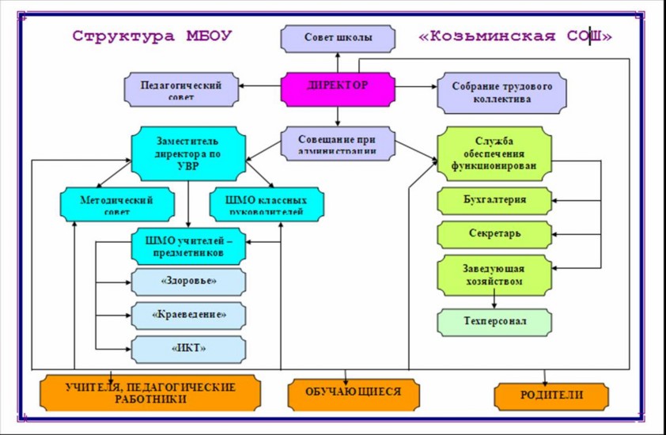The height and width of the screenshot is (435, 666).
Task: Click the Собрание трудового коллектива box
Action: click(502, 93)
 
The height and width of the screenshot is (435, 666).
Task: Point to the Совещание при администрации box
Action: click(337, 144)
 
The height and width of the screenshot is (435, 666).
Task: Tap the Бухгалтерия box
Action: click(494, 201)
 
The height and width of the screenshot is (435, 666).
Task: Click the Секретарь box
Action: click(494, 234)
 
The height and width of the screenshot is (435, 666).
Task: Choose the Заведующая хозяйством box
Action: click(494, 274)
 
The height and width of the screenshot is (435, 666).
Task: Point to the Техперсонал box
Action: click(494, 322)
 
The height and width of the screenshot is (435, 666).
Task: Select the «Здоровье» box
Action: click(188, 281)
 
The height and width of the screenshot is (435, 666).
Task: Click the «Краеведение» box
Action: click(188, 315)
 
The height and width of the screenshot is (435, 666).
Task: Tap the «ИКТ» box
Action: click(188, 347)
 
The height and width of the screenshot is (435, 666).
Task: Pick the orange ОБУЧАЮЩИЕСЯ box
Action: click(354, 392)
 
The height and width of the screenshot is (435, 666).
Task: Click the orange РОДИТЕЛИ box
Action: click(551, 395)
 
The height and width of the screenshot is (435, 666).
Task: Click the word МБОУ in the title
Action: click(203, 36)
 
